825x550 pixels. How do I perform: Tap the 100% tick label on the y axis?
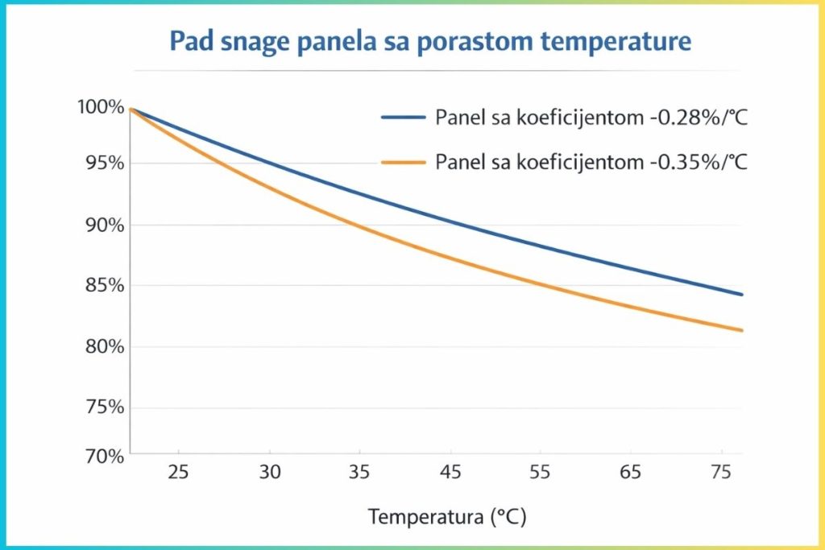101,107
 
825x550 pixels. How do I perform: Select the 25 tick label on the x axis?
178,473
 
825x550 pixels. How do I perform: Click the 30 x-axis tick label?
270,473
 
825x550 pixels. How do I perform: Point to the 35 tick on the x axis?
361,473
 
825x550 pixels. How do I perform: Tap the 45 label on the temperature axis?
452,473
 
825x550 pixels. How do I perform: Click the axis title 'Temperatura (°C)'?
447,516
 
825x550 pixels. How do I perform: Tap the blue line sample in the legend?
403,117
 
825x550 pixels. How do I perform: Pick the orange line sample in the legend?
403,162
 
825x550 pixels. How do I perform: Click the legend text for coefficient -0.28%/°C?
591,117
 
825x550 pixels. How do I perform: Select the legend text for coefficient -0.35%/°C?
591,162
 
